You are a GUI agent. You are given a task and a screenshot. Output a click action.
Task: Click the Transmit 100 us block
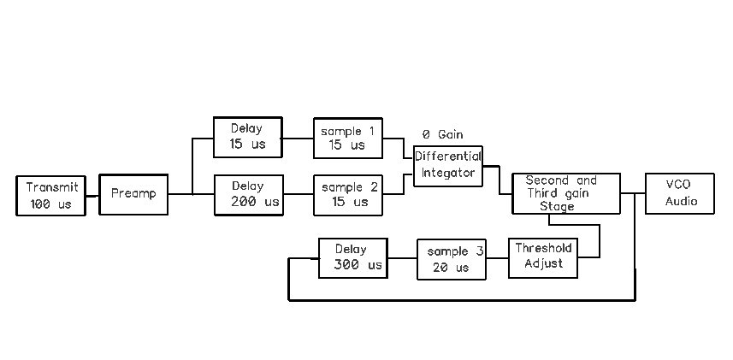click(51, 196)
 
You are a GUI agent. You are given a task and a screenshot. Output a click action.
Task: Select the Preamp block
click(133, 194)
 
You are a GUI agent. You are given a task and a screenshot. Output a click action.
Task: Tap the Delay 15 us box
click(247, 137)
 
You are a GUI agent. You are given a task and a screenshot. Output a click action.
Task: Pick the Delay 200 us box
click(248, 194)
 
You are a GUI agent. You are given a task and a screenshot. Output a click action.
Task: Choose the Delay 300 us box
click(352, 257)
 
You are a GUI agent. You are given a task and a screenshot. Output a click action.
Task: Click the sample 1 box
click(347, 138)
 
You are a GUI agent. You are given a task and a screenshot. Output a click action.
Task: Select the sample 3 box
click(451, 259)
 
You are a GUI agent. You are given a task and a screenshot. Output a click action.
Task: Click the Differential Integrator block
click(448, 165)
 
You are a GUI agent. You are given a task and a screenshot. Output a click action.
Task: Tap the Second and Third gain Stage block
click(565, 194)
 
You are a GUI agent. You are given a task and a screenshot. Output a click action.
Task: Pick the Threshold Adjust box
click(543, 257)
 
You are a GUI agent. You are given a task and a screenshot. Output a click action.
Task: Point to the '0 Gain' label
click(442, 135)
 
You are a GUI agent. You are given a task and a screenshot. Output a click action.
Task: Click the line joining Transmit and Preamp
click(92, 195)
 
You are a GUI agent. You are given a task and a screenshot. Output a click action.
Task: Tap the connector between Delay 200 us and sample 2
click(298, 195)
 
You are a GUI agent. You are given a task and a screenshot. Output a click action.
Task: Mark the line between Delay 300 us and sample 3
click(401, 258)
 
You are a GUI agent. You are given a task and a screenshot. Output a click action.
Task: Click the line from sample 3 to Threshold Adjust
click(498, 258)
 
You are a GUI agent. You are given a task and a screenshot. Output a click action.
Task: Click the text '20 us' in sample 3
click(451, 268)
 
